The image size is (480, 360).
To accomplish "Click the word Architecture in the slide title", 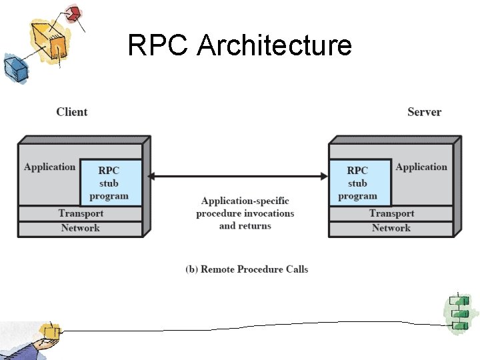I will point(275,46).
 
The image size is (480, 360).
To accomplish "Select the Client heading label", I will point(71,112).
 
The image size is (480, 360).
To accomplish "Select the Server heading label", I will point(424,112).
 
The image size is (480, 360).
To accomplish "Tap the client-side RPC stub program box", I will point(111,182).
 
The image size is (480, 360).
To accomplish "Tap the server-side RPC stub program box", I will point(359,182).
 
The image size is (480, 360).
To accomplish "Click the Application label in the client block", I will point(49,167).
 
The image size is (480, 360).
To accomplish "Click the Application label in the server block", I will point(421,167).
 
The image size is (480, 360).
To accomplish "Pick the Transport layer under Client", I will point(81,213).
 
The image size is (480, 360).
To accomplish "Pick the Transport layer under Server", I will point(391,213).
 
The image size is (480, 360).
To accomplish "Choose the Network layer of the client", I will point(81,229).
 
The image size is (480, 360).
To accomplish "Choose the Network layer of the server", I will point(391,229).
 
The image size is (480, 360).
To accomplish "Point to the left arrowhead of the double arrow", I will point(151,177).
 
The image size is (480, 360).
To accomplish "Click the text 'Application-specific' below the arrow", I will point(245,201).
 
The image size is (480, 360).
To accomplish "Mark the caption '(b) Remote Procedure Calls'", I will point(247,269).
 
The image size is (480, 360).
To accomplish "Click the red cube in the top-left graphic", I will point(73,13).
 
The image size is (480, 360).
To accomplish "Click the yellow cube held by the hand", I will point(49,331).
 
